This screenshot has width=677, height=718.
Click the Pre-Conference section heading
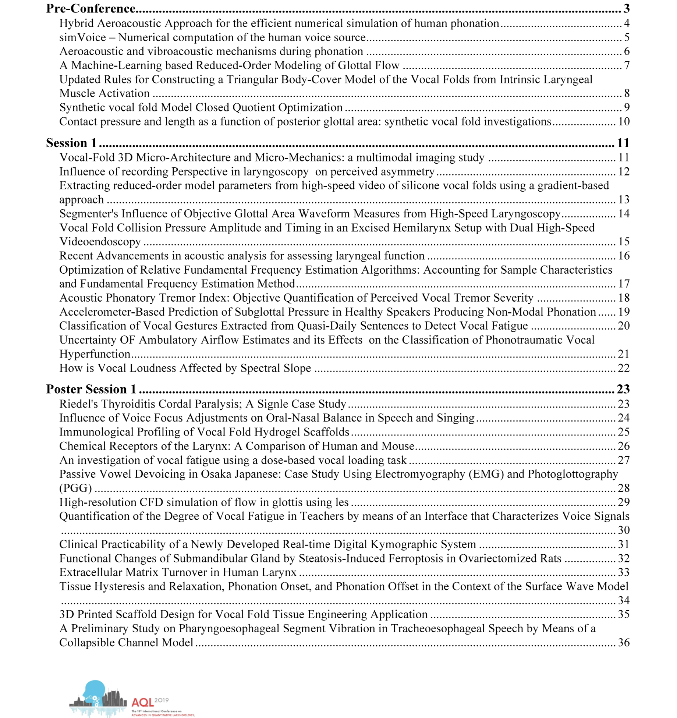pyautogui.click(x=91, y=8)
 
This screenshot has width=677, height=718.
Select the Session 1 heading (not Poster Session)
pyautogui.click(x=71, y=143)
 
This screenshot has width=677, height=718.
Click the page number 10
pyautogui.click(x=624, y=122)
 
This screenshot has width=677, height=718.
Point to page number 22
pyautogui.click(x=624, y=368)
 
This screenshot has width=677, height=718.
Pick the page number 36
pyautogui.click(x=624, y=643)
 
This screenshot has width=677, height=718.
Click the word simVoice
pyautogui.click(x=82, y=38)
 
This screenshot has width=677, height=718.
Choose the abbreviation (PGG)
pyautogui.click(x=75, y=488)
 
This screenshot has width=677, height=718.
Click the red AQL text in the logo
pyautogui.click(x=142, y=703)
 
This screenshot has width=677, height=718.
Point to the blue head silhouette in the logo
pyautogui.click(x=95, y=692)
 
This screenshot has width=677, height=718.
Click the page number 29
pyautogui.click(x=624, y=502)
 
